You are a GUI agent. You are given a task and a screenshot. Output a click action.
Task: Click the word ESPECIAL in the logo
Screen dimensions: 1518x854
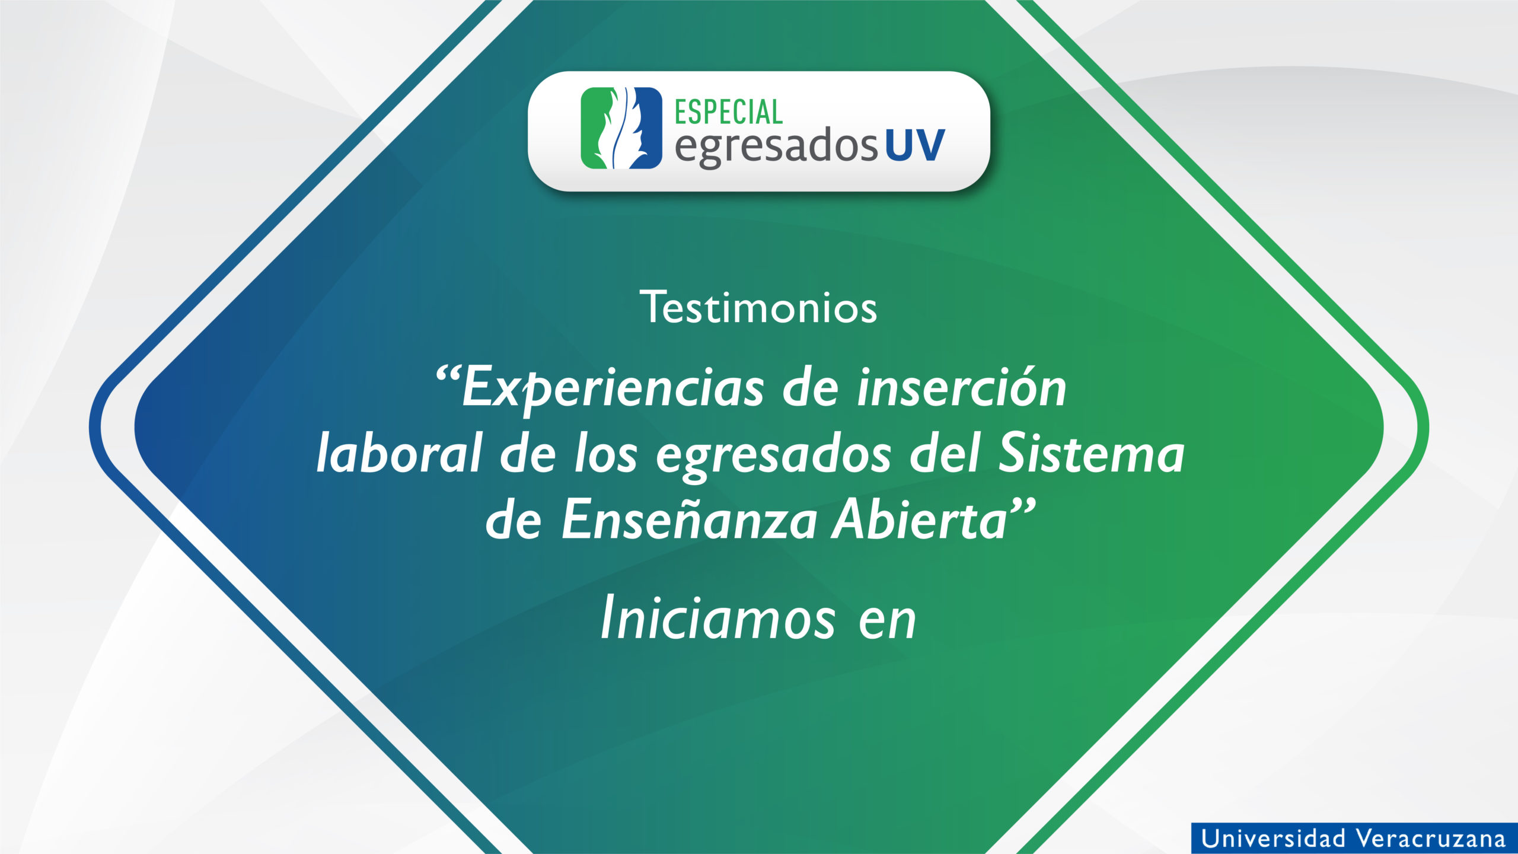(x=729, y=111)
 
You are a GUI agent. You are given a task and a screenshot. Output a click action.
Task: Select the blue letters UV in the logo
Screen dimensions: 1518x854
(x=915, y=145)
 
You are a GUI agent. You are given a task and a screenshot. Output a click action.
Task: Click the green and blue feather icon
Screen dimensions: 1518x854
(x=621, y=128)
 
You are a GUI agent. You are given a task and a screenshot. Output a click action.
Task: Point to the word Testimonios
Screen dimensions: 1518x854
(x=758, y=307)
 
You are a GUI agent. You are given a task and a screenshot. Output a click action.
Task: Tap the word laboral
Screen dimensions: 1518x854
(x=398, y=453)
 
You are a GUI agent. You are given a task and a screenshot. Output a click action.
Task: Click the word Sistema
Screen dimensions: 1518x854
(x=1092, y=453)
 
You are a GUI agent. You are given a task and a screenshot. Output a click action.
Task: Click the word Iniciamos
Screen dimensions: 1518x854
(x=718, y=619)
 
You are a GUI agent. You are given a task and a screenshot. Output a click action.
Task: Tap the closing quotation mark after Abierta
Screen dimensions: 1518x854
(x=1023, y=508)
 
